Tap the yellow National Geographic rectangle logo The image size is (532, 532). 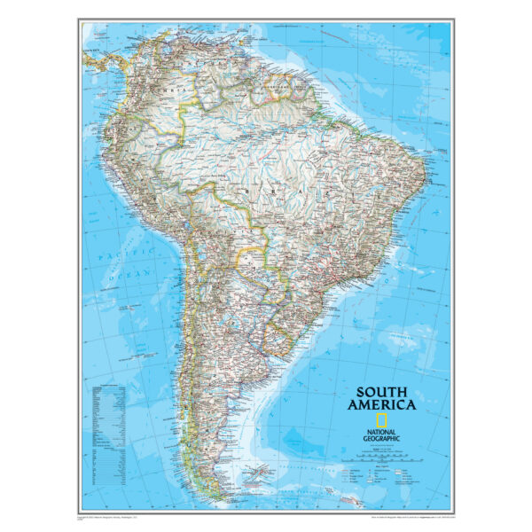click(380, 420)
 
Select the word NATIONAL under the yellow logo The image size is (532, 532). click(380, 432)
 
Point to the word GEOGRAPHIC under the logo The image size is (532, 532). click(380, 439)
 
